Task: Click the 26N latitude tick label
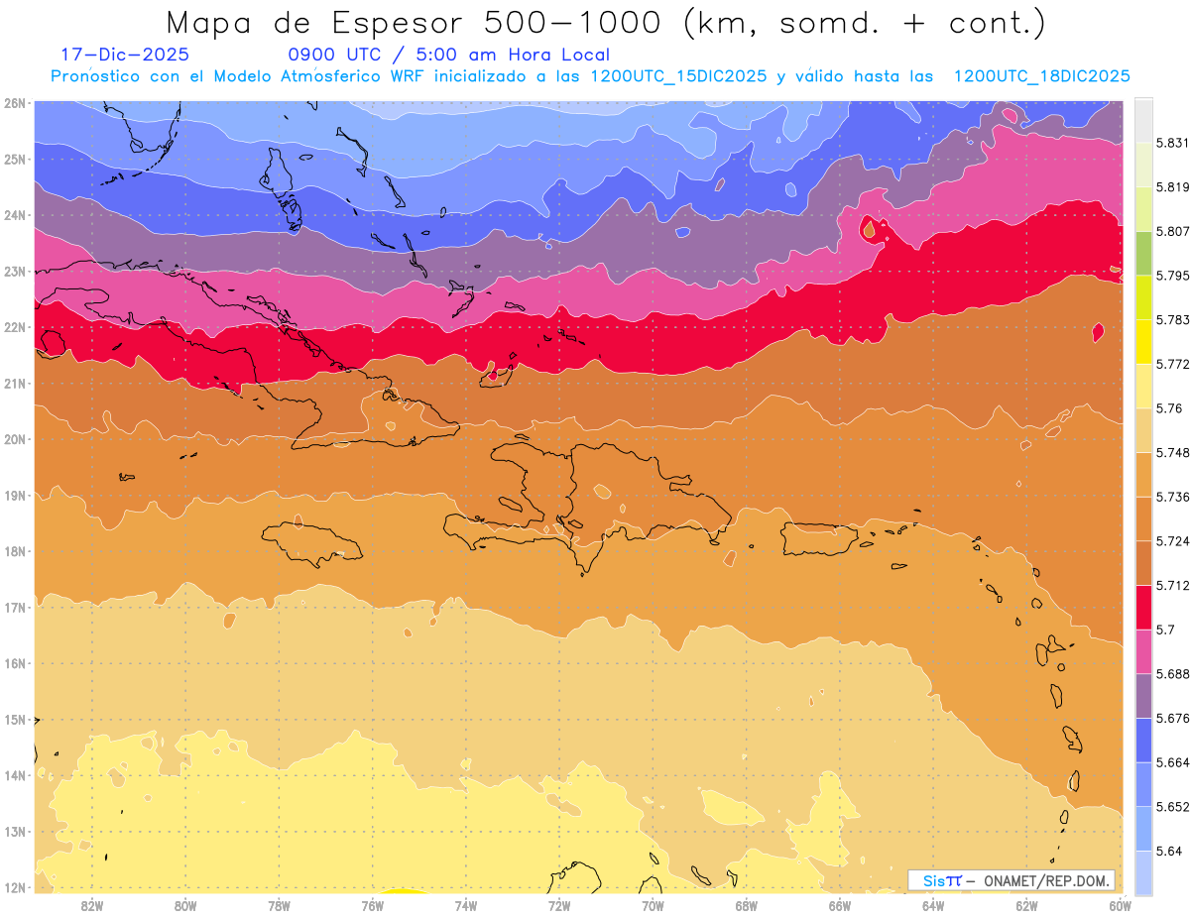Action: coord(15,102)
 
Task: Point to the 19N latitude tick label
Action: coord(15,495)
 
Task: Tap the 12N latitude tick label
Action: coord(15,887)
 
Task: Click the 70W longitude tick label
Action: coord(653,905)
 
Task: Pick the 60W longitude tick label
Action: coord(1120,905)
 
